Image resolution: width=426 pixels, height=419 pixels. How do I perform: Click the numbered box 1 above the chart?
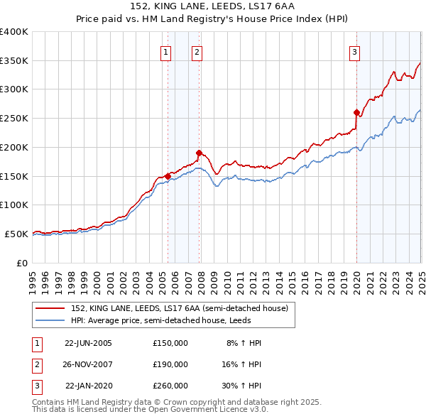[165, 50]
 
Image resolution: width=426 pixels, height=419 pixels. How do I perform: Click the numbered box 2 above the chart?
[197, 50]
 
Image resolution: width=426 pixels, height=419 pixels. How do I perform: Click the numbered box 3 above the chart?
[354, 50]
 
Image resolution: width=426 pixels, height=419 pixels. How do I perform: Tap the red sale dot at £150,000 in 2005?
[168, 175]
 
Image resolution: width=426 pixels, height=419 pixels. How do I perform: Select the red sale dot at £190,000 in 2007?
[200, 152]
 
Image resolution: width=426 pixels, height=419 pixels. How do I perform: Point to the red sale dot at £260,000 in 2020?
[356, 111]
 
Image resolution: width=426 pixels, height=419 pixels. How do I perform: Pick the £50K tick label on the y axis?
[16, 234]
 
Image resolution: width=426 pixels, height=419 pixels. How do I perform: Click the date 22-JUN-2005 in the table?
[88, 343]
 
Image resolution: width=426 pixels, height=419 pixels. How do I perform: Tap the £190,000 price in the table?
[170, 364]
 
